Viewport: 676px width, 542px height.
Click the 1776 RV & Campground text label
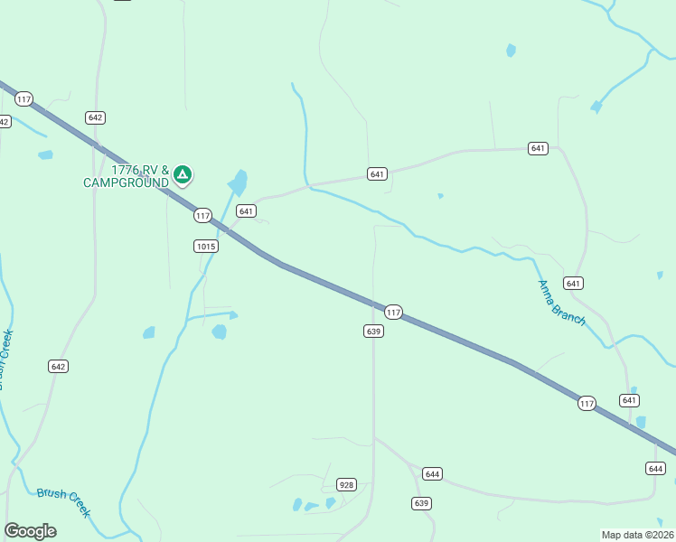coord(126,176)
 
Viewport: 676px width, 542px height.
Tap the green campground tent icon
coord(183,174)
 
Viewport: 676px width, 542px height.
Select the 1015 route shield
coord(205,246)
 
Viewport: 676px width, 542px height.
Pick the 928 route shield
coord(346,485)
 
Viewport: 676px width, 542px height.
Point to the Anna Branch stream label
coord(561,304)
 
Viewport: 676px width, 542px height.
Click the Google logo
coord(30,531)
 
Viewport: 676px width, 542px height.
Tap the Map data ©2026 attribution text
coord(637,535)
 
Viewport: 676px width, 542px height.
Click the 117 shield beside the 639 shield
coord(393,312)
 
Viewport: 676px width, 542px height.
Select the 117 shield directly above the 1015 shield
coord(202,215)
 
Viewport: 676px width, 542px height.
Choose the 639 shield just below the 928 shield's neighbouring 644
coord(421,503)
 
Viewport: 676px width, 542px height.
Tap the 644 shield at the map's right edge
coord(656,468)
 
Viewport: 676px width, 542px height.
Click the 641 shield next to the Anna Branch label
coord(573,283)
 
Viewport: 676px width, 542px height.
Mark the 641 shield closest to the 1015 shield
coord(245,210)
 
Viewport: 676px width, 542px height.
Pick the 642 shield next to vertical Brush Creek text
coord(59,366)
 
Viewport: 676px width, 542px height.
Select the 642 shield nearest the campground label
coord(96,117)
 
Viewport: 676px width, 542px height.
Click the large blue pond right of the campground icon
coord(239,182)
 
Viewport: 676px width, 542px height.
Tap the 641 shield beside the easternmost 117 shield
coord(630,400)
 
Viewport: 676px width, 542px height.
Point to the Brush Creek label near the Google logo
coord(63,502)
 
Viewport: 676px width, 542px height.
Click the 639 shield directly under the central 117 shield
coord(374,332)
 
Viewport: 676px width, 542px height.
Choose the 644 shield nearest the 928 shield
coord(432,474)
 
